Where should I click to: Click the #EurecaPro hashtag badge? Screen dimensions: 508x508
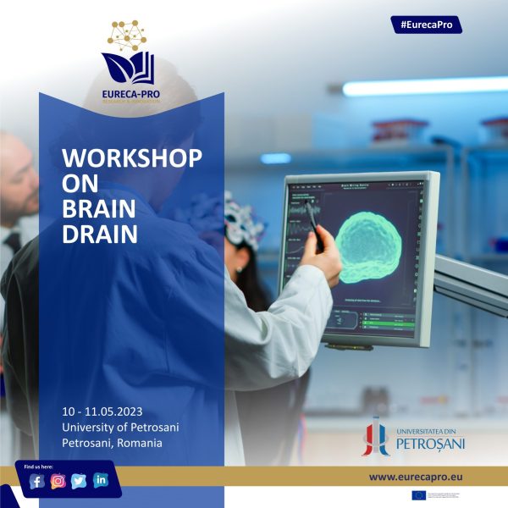427,25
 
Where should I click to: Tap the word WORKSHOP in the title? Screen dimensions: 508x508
132,159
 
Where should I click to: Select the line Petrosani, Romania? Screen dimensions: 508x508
113,443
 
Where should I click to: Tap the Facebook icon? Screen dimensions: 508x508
36,481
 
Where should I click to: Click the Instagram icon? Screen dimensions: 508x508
58,481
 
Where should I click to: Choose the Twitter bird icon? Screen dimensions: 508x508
80,481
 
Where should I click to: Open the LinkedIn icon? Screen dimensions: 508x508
101,481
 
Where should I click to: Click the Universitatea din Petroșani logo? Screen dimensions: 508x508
414,435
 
